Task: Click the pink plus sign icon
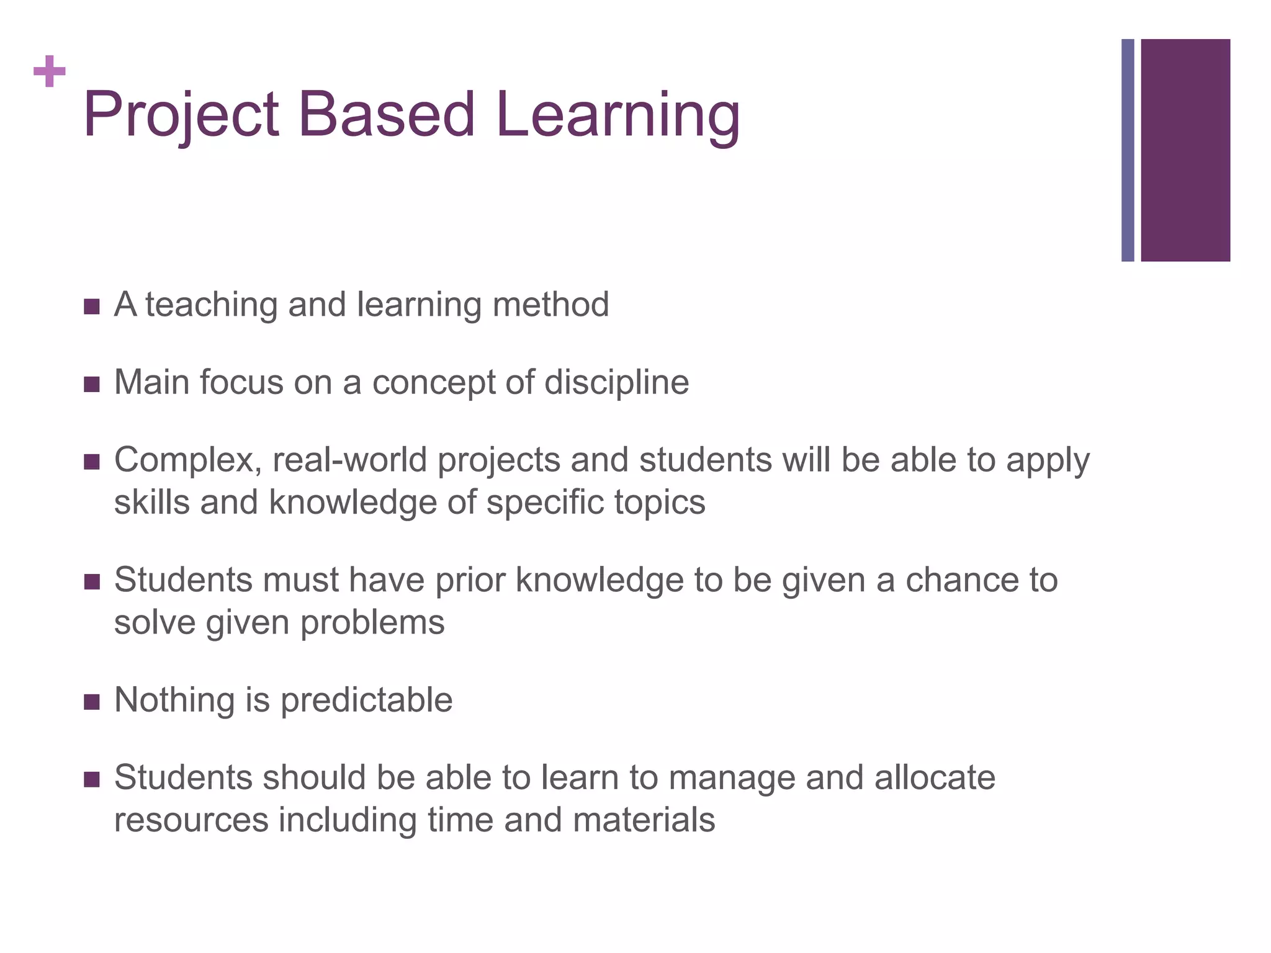click(x=50, y=71)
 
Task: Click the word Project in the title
click(x=181, y=115)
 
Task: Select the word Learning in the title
click(x=618, y=115)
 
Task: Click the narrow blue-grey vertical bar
click(x=1128, y=150)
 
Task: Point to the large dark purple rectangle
click(x=1185, y=150)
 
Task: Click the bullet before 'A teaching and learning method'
click(x=91, y=306)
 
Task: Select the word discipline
click(x=617, y=382)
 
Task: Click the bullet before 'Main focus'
click(x=91, y=385)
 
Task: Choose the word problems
click(x=372, y=623)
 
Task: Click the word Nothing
click(x=174, y=700)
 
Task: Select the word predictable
click(x=367, y=700)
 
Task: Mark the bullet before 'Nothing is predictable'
click(x=91, y=702)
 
